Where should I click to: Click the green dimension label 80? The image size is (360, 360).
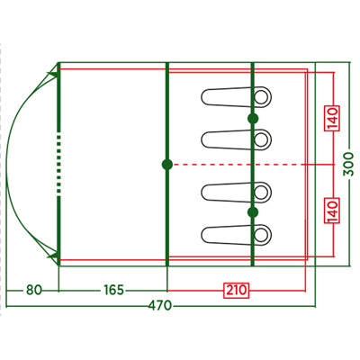pos(34,290)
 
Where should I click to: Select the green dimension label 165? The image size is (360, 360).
pos(113,290)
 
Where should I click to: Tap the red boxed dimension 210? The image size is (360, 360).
pos(237,290)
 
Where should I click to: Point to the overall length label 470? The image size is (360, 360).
pos(160,306)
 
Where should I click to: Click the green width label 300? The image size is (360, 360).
pos(349,164)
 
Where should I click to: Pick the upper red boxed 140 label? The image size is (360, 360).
pos(332,119)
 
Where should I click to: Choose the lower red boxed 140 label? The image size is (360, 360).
pos(332,211)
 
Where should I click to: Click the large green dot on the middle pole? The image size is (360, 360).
pos(167,165)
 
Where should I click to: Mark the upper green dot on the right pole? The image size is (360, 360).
pos(253,119)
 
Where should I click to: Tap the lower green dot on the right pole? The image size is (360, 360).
pos(253,212)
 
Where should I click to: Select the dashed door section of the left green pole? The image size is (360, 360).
pos(59,164)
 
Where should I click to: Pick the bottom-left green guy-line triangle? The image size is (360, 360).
pos(53,257)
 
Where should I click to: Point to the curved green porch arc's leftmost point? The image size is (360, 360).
pos(6,165)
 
